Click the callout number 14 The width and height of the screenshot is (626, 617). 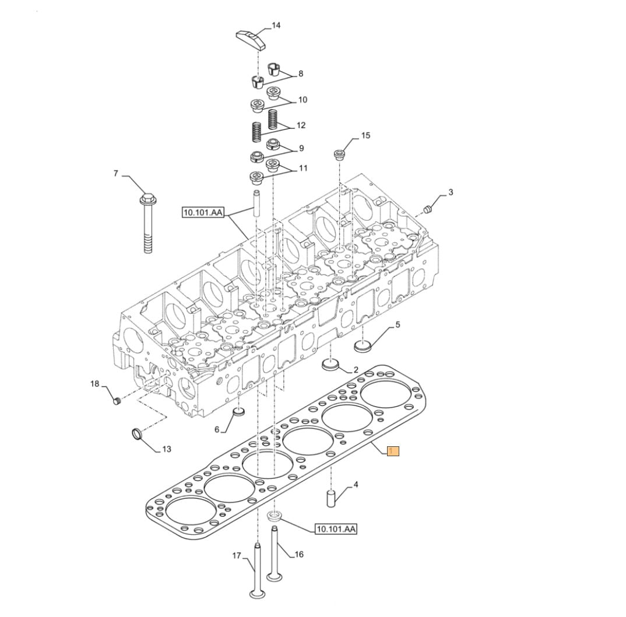276,26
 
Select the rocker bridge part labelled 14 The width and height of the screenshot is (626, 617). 250,40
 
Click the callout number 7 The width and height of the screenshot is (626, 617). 116,174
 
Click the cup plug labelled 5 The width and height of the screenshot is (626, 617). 363,345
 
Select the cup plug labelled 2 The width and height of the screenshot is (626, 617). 330,364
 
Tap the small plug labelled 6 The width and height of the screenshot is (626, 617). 239,411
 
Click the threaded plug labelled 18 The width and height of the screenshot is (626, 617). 116,400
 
